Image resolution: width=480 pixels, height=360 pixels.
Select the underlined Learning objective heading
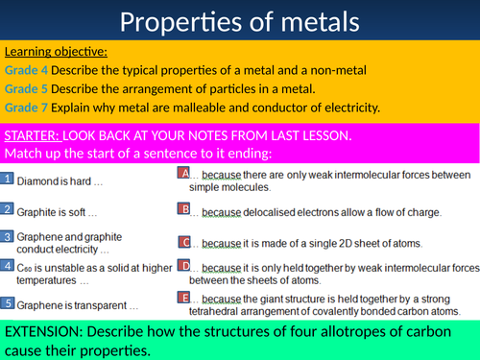pos(56,52)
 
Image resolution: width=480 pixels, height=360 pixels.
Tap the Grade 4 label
pos(26,71)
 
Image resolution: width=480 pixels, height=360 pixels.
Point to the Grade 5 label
pos(26,89)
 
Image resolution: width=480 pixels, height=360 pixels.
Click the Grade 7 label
pos(26,108)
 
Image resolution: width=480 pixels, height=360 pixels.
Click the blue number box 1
pos(7,179)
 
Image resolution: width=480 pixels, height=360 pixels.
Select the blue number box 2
pos(7,209)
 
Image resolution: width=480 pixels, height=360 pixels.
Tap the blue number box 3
pos(7,235)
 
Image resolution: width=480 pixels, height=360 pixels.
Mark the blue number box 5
pos(7,303)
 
